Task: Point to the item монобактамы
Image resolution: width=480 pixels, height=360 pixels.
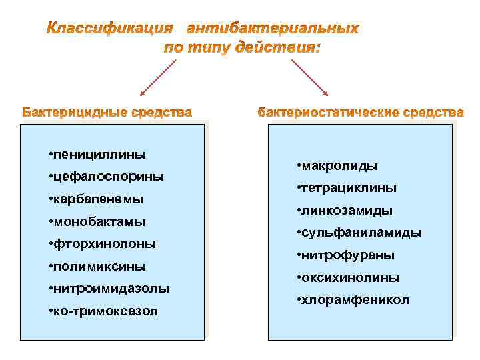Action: pos(99,221)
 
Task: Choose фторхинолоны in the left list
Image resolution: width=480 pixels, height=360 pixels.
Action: pos(105,244)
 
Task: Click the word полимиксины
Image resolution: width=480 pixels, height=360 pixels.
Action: pos(100,266)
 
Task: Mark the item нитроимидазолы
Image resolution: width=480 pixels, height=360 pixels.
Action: pos(111,289)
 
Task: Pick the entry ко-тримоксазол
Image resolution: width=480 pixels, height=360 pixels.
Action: pos(106,311)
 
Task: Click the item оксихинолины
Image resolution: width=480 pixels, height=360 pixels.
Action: pos(352,277)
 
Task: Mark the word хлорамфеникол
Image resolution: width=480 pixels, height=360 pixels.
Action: pos(356,300)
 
